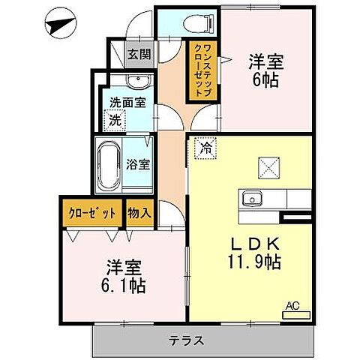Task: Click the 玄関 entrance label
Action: (137, 53)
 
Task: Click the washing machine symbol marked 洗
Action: (115, 118)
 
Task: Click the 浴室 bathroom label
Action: (139, 163)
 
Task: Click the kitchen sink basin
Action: (249, 199)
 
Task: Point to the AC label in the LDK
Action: (294, 305)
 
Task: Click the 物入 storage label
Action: (139, 212)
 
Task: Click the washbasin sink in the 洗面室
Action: (134, 82)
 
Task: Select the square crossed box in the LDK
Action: (266, 166)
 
